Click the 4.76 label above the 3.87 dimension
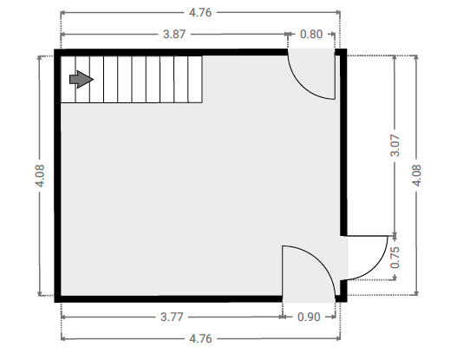click(x=200, y=13)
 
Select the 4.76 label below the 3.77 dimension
click(x=200, y=338)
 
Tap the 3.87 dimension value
click(x=174, y=35)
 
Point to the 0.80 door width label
click(x=311, y=35)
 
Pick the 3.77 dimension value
click(x=172, y=317)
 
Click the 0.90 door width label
click(x=309, y=317)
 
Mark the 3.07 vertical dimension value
click(x=395, y=145)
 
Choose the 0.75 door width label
click(x=395, y=258)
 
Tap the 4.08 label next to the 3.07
click(x=416, y=175)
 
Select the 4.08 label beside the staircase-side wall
click(x=39, y=176)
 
